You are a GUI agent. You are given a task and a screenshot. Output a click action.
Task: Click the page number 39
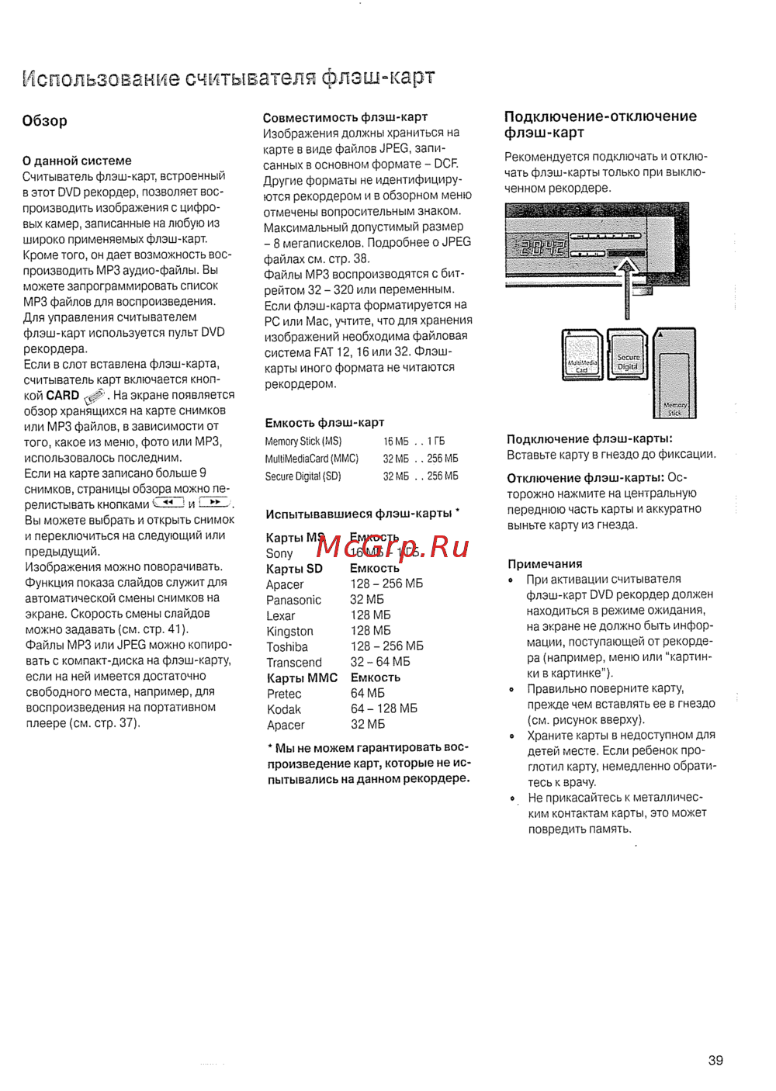[x=715, y=1060]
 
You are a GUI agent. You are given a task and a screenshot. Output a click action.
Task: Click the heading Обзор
[x=44, y=121]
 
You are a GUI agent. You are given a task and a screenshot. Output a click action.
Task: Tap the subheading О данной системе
[x=77, y=161]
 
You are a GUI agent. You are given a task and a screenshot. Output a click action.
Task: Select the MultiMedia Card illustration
[x=583, y=355]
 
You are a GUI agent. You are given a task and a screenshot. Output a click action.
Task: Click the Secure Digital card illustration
[x=628, y=356]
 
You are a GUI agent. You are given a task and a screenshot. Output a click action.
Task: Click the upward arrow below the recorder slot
[x=627, y=287]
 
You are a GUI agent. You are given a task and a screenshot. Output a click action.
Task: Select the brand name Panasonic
[x=293, y=600]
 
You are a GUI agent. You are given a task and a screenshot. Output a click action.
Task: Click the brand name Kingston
[x=289, y=632]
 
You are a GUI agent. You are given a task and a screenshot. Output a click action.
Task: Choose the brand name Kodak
[x=283, y=709]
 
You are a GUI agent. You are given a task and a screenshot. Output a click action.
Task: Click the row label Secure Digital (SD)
[x=303, y=476]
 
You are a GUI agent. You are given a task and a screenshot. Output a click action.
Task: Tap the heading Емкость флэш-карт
[x=324, y=423]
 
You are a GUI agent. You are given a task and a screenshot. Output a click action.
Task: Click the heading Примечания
[x=545, y=564]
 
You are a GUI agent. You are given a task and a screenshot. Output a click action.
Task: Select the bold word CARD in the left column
[x=62, y=395]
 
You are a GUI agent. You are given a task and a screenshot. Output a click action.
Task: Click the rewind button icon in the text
[x=168, y=503]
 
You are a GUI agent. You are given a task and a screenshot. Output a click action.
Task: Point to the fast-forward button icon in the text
[x=214, y=503]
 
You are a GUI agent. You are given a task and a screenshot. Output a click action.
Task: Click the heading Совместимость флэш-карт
[x=345, y=117]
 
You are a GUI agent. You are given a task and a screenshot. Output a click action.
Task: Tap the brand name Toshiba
[x=286, y=647]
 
